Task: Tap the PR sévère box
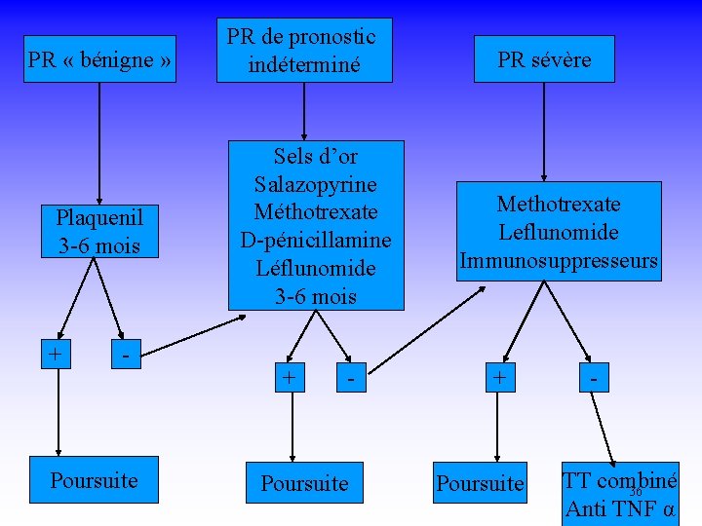click(x=544, y=59)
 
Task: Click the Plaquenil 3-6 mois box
click(x=97, y=231)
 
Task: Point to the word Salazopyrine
click(x=315, y=184)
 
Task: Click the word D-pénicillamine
click(x=316, y=240)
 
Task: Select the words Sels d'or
click(x=316, y=156)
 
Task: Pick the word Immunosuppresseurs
click(x=559, y=261)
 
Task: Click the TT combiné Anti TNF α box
click(x=620, y=494)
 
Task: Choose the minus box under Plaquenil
click(x=126, y=355)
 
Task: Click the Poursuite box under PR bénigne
click(x=94, y=481)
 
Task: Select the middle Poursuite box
click(x=304, y=483)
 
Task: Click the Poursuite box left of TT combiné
click(x=480, y=483)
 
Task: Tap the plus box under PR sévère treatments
click(x=500, y=377)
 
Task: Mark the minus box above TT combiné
click(x=592, y=377)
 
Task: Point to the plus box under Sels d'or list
click(x=289, y=377)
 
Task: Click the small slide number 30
click(x=635, y=491)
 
